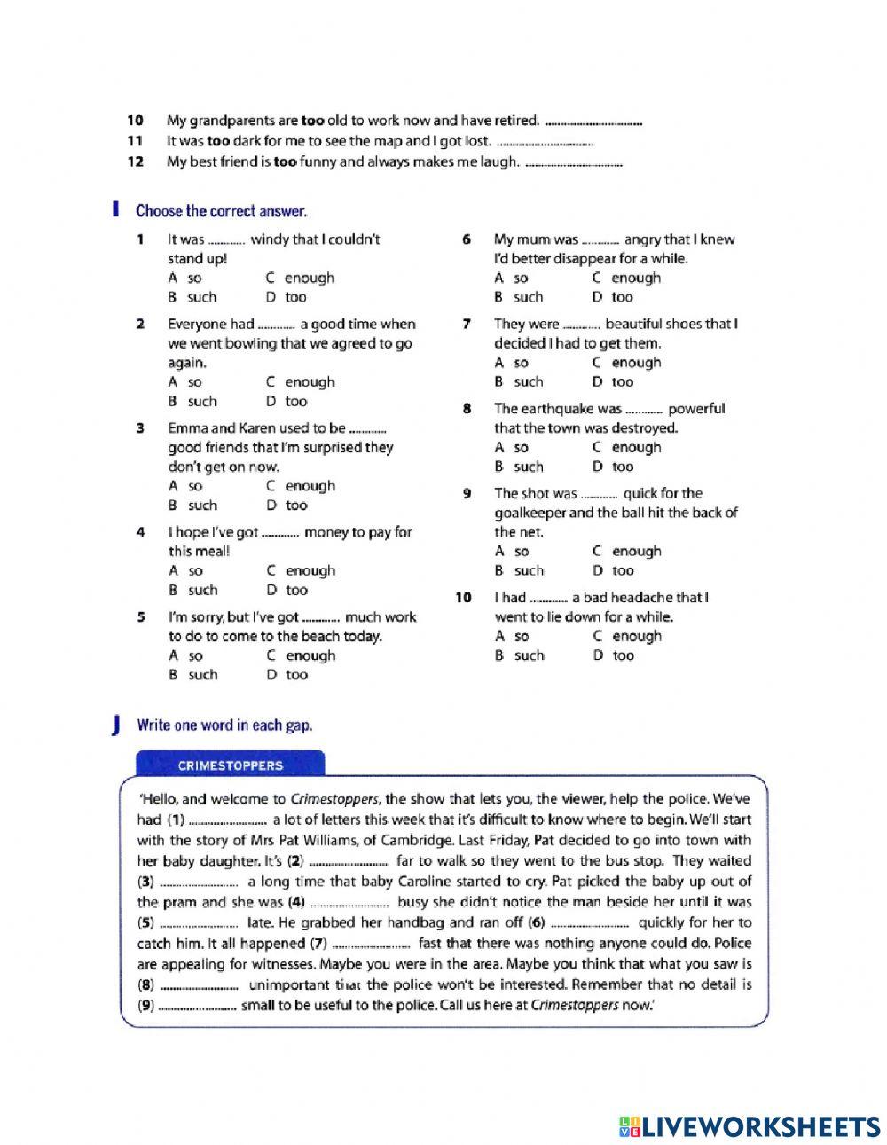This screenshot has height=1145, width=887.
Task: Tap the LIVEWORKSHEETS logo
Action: point(750,1126)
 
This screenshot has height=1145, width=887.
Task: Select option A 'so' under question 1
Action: point(185,278)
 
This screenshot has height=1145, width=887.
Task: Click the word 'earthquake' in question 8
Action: point(557,409)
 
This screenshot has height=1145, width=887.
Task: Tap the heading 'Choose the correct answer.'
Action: point(221,211)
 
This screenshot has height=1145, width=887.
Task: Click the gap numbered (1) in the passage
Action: point(228,820)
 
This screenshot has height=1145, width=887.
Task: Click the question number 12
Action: point(135,161)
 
